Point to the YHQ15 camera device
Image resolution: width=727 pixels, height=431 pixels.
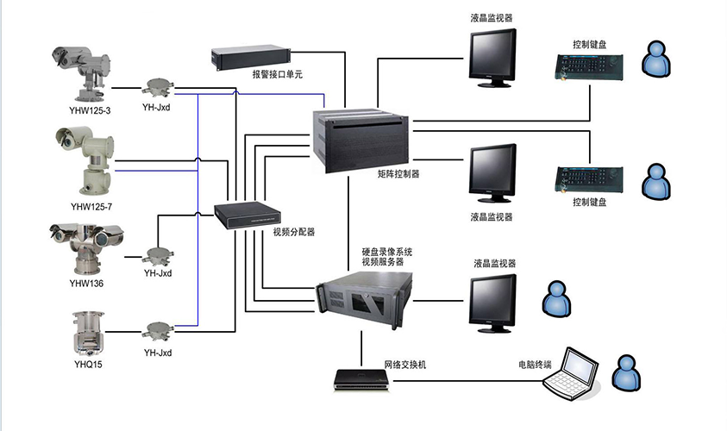pos(86,331)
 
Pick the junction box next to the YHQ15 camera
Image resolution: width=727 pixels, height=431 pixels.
pos(157,332)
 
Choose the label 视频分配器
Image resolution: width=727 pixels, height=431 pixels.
pos(294,232)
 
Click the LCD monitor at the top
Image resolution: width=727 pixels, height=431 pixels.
pos(492,55)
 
